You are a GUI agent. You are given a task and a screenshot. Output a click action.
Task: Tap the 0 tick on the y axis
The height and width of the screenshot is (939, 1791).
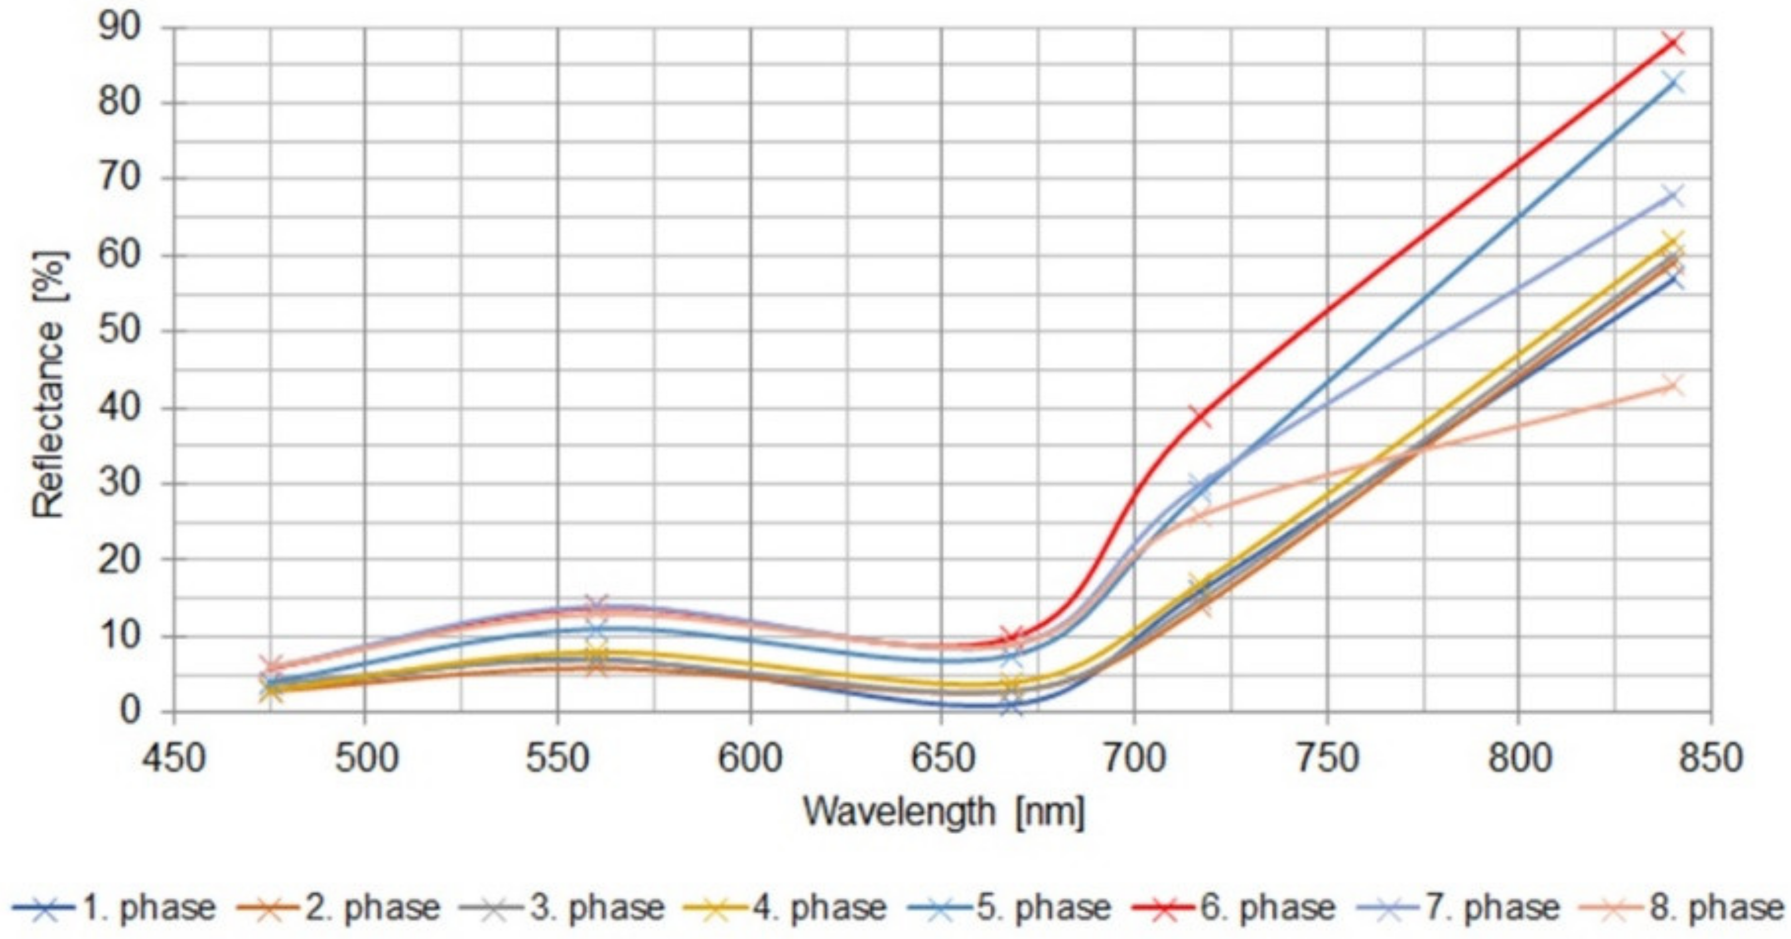point(132,711)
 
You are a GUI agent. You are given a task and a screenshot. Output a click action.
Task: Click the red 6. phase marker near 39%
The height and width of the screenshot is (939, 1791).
point(1200,416)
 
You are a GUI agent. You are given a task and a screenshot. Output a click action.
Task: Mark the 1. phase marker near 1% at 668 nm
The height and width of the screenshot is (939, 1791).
point(1012,706)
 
